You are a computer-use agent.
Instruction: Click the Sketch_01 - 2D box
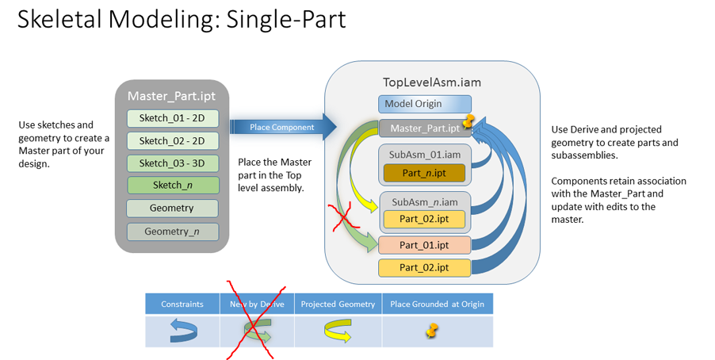coord(172,118)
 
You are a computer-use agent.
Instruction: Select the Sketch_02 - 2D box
coord(172,140)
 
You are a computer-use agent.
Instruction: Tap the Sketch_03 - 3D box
coord(172,163)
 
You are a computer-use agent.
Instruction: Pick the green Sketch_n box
coord(172,186)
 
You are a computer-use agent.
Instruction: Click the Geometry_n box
coord(172,232)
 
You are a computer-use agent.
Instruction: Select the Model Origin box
coord(424,104)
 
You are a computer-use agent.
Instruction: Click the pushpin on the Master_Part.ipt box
coord(468,121)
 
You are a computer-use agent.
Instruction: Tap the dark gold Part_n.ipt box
coord(424,173)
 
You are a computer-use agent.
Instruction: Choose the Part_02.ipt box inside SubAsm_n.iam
coord(424,219)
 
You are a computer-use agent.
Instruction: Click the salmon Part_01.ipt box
coord(424,244)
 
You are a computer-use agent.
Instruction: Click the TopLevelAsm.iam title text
coord(431,82)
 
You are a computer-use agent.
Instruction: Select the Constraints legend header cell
coord(182,304)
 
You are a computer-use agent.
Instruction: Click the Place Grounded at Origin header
coord(437,304)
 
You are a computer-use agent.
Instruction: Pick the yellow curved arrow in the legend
coord(337,331)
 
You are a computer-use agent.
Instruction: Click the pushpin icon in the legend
coord(432,331)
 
